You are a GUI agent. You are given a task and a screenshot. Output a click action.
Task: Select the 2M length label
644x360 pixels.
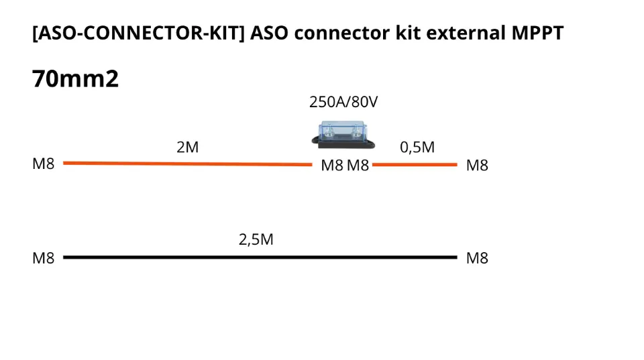pyautogui.click(x=188, y=147)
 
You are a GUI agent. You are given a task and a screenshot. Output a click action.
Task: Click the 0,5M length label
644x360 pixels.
pyautogui.click(x=417, y=147)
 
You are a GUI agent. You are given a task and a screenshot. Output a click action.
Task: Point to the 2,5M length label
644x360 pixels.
pyautogui.click(x=256, y=239)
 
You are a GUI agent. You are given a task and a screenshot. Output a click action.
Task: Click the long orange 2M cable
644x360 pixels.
pyautogui.click(x=188, y=164)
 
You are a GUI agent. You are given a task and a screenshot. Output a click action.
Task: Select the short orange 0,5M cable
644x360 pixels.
pyautogui.click(x=415, y=164)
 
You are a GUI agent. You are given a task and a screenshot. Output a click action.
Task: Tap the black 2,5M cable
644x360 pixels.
pyautogui.click(x=260, y=257)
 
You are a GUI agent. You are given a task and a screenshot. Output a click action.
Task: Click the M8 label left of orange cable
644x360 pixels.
pyautogui.click(x=44, y=164)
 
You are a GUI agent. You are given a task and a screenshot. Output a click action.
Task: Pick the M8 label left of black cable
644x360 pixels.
pyautogui.click(x=44, y=258)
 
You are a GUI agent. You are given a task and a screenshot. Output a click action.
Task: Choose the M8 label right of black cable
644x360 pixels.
pyautogui.click(x=477, y=258)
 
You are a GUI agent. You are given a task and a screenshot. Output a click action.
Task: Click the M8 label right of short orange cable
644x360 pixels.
pyautogui.click(x=477, y=166)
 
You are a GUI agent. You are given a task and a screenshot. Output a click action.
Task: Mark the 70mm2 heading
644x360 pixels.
pyautogui.click(x=75, y=79)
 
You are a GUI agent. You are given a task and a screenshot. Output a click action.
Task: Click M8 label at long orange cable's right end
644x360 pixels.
pyautogui.click(x=331, y=166)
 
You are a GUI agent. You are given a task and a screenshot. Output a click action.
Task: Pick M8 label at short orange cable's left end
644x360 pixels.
pyautogui.click(x=358, y=166)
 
